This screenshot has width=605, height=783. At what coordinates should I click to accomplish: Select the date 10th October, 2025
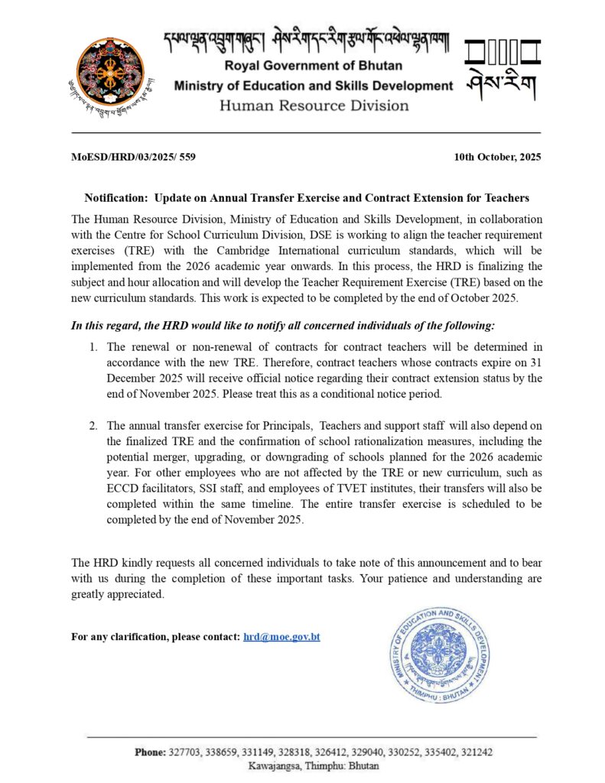coord(497,157)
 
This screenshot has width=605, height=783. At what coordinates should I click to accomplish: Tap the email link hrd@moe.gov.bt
coord(281,636)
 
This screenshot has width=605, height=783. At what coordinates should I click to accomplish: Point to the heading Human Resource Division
coord(314,106)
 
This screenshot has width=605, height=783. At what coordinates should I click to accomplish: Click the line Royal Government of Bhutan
coord(314,66)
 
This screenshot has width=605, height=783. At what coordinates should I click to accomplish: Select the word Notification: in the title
coord(116,197)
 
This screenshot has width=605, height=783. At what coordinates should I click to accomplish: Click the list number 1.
coord(93,347)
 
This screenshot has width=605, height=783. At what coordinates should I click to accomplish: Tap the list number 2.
coord(93,425)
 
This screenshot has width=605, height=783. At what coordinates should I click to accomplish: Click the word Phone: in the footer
coord(150,752)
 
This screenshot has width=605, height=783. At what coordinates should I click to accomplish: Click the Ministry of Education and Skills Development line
coord(314,86)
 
